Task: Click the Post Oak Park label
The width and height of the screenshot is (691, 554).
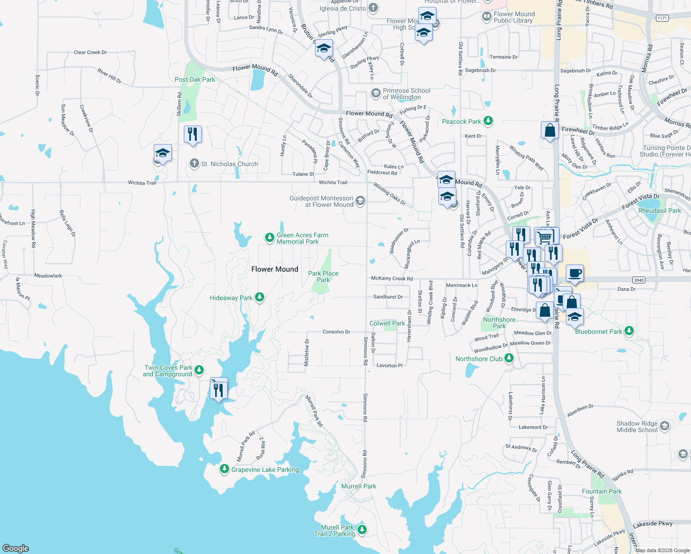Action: click(x=194, y=79)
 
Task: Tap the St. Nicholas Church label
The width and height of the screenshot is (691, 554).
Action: click(x=230, y=164)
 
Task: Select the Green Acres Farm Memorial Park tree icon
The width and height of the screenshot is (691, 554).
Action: click(x=269, y=238)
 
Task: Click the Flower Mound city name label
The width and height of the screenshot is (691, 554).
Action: click(x=275, y=269)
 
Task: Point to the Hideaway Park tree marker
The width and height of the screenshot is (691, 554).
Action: click(x=260, y=297)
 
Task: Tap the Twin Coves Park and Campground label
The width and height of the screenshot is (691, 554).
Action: click(x=168, y=371)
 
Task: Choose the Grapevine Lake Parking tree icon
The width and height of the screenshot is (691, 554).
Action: click(x=224, y=469)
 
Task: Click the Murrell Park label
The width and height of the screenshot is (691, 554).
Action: click(x=358, y=486)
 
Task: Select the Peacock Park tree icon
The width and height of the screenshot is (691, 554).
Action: click(x=488, y=121)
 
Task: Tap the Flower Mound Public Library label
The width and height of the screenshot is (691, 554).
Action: click(x=514, y=17)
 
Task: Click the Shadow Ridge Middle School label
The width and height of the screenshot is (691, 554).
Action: click(x=636, y=427)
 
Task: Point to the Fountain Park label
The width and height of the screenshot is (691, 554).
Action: click(x=601, y=491)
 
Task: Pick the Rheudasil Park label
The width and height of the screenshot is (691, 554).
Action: click(x=659, y=211)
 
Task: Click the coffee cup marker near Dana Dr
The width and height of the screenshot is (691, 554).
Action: click(x=575, y=273)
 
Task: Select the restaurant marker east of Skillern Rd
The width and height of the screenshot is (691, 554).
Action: click(x=193, y=134)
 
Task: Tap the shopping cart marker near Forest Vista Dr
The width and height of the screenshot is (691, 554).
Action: click(x=545, y=237)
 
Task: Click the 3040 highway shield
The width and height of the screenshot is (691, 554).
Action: click(x=638, y=280)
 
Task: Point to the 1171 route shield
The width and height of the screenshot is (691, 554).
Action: click(x=662, y=18)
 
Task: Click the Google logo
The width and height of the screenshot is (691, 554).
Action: click(x=16, y=548)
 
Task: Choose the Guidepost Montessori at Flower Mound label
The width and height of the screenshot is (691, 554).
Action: click(x=321, y=201)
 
